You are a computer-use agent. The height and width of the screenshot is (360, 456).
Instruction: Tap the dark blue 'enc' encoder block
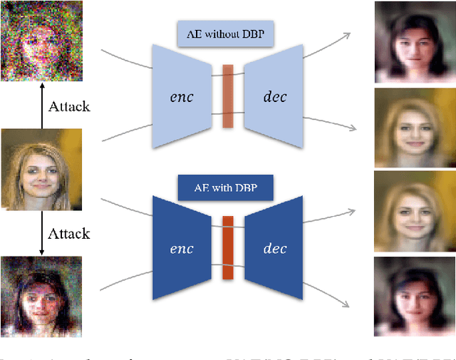tap(182, 248)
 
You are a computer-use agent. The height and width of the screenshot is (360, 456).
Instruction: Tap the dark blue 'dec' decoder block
tap(274, 248)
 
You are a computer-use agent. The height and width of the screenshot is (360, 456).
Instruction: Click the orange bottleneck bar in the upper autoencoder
tap(228, 96)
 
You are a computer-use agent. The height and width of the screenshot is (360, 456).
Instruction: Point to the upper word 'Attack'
tap(68, 107)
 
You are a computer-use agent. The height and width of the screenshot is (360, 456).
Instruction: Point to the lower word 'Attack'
tap(68, 233)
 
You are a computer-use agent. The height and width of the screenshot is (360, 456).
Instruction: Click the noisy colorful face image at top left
tap(40, 40)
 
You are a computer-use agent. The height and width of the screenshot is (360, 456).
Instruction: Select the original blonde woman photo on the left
tap(40, 169)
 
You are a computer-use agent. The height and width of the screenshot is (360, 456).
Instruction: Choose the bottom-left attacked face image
tap(40, 297)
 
